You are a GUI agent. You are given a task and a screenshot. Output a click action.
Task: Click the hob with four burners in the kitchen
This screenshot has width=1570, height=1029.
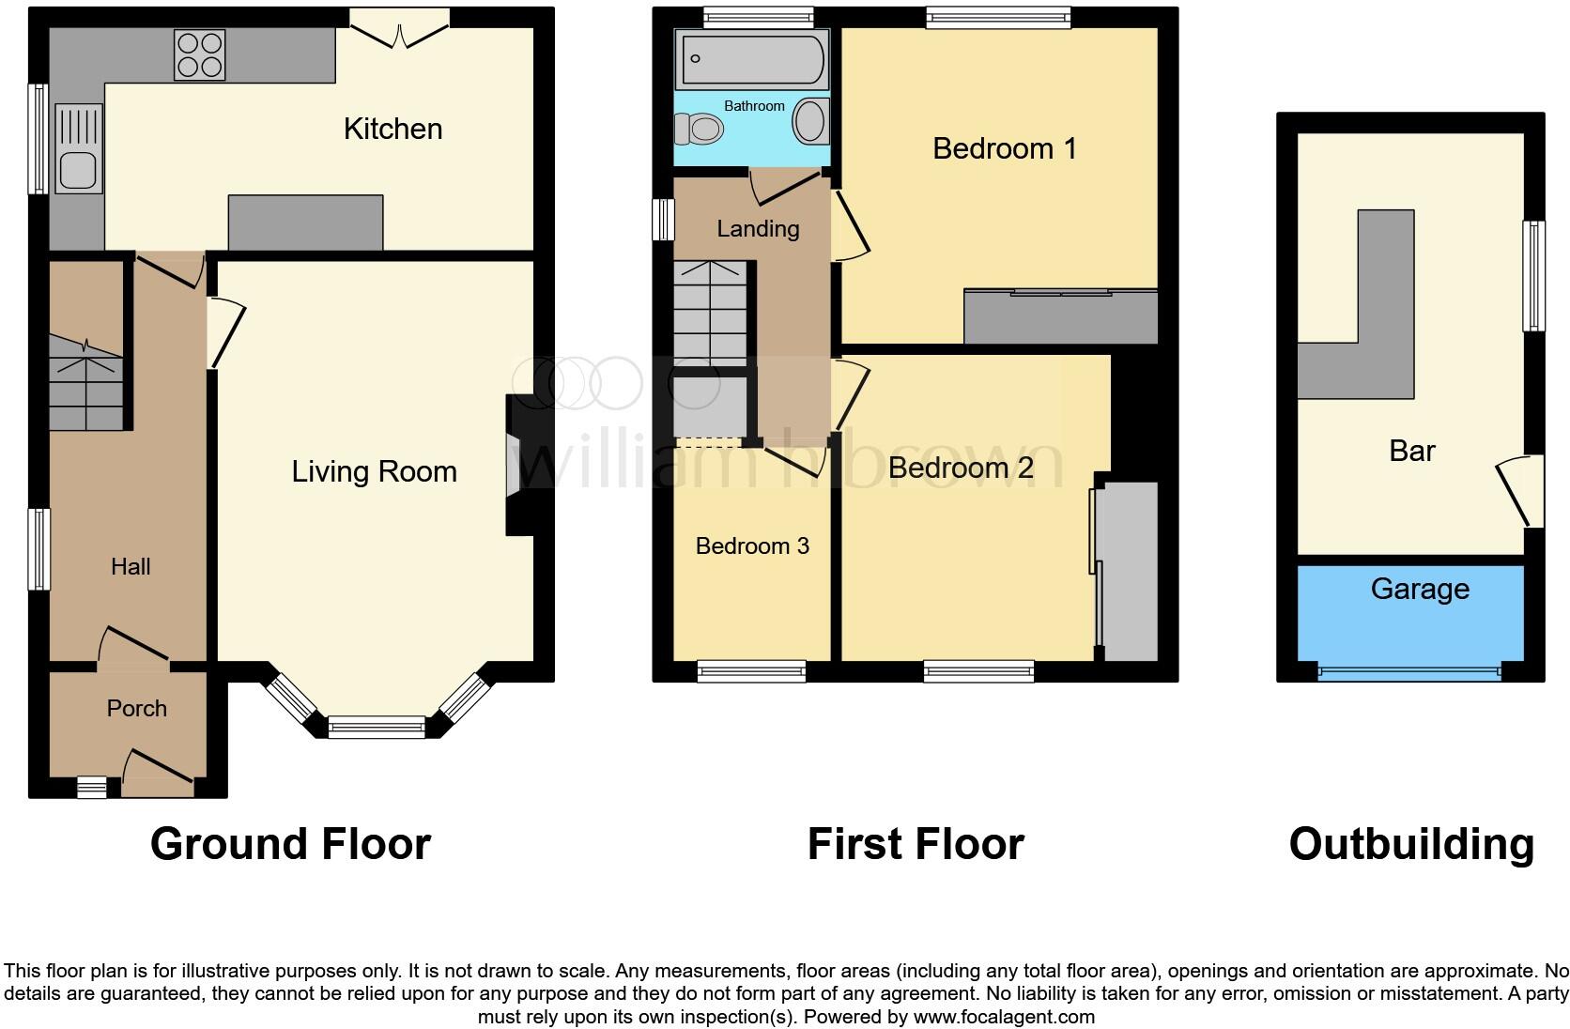coord(199,54)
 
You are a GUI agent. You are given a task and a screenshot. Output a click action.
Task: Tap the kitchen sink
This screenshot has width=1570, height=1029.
coord(78,149)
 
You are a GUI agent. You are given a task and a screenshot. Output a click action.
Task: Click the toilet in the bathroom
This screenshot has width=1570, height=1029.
coord(699,129)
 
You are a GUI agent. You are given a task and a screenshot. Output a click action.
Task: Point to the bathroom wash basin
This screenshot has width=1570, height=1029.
coord(809,122)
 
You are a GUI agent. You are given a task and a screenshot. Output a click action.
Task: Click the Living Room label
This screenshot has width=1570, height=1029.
coord(374,471)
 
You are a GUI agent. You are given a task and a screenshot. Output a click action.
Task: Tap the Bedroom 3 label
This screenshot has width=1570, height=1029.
coord(752,546)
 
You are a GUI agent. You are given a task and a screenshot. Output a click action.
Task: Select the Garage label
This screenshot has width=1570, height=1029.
coord(1419,589)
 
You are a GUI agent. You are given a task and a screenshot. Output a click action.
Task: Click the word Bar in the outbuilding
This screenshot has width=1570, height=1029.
coord(1411,451)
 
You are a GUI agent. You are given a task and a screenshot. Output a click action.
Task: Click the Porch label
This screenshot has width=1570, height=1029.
coord(136,709)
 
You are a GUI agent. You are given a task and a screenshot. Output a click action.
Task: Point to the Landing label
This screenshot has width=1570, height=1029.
coord(758,228)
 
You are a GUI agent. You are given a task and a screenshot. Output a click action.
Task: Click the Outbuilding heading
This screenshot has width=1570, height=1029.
coord(1411,844)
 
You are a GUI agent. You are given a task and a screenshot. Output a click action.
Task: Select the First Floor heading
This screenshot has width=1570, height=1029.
coord(916,844)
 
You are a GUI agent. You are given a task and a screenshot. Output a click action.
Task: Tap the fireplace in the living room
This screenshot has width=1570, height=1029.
coord(518,465)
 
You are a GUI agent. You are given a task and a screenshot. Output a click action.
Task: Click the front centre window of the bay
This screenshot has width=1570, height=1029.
coord(377,727)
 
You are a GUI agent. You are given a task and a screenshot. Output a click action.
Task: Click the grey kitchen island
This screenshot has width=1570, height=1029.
coord(305,223)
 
